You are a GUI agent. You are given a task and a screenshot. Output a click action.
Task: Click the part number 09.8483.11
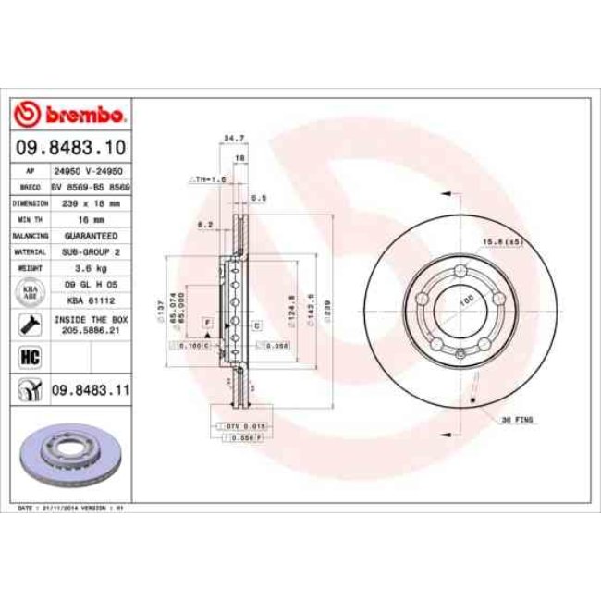coord(87,391)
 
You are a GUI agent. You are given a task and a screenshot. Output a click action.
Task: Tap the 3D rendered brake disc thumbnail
coord(70,453)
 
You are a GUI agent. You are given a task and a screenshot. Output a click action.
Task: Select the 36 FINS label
coord(518,420)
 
